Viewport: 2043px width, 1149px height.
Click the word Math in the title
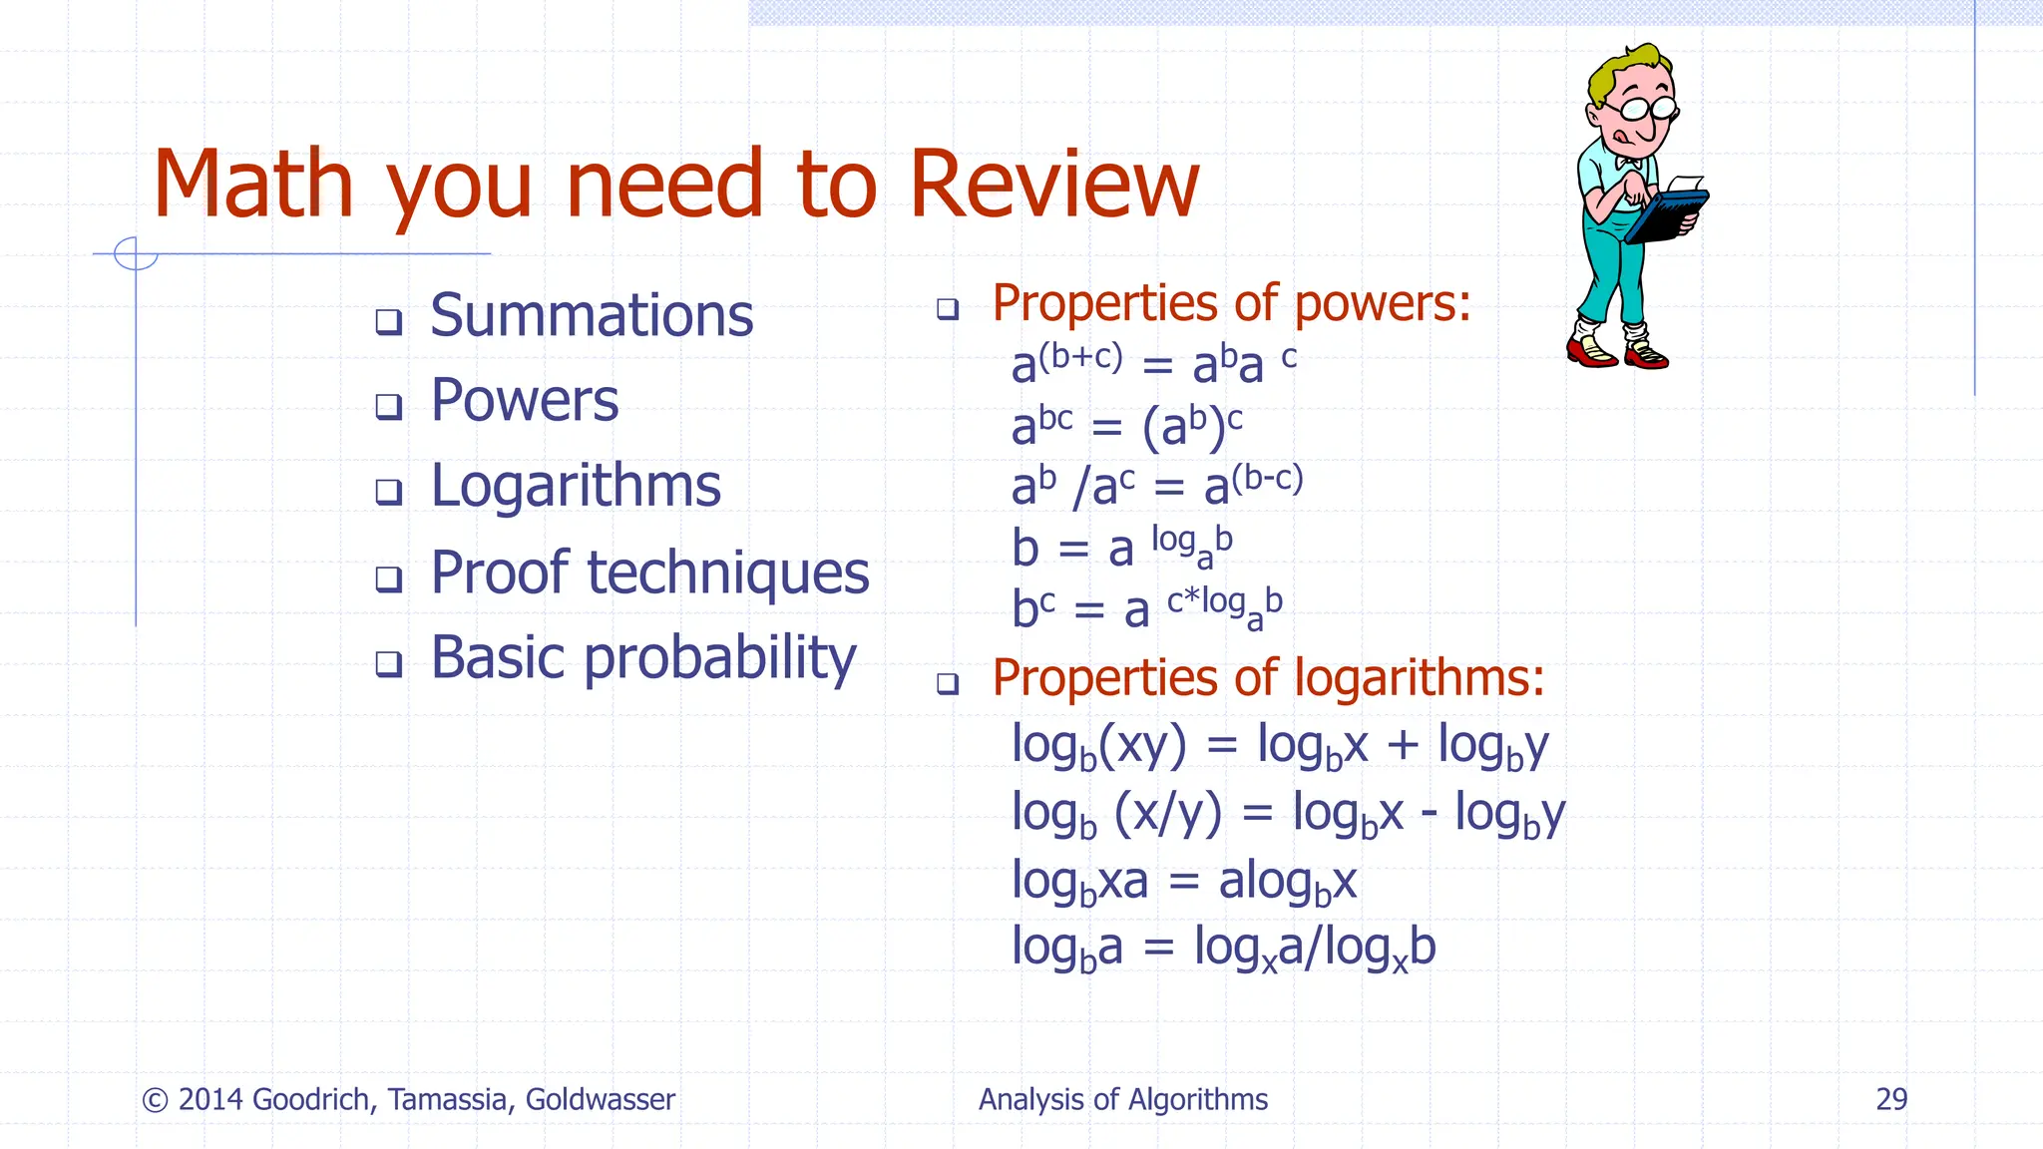[x=253, y=185]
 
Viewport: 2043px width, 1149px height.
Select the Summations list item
[x=591, y=316]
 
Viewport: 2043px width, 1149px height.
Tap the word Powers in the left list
[x=524, y=401]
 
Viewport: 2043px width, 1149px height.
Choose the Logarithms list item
[x=575, y=487]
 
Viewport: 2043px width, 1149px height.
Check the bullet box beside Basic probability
[x=388, y=663]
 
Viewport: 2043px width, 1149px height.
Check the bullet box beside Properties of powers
[x=948, y=308]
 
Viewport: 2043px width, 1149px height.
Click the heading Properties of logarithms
[x=1267, y=678]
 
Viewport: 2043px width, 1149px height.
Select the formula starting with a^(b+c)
[x=1153, y=363]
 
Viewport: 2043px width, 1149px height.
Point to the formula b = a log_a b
[x=1121, y=548]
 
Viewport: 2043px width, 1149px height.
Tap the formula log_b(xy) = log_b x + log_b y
[x=1279, y=745]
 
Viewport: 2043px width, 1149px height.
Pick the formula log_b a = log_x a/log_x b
[x=1223, y=948]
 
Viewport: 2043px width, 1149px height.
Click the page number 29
[x=1891, y=1099]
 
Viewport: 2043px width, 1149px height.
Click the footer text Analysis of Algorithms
[x=1122, y=1099]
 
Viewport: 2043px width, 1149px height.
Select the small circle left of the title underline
[x=136, y=253]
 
